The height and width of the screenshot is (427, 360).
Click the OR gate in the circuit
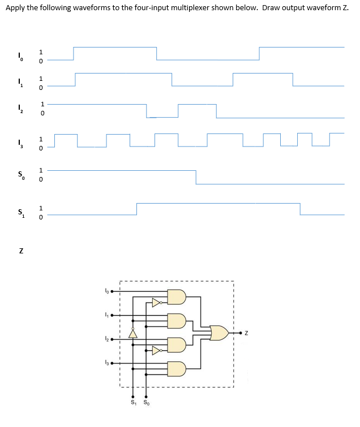[x=219, y=333]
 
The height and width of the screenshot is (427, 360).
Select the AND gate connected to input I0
[x=177, y=297]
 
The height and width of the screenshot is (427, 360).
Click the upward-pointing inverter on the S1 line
[x=133, y=333]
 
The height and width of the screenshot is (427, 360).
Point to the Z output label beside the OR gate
[x=248, y=333]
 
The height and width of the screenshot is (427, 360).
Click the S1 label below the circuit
[x=133, y=403]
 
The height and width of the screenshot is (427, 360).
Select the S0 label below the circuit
[x=147, y=403]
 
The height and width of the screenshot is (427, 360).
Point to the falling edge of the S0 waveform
[x=196, y=177]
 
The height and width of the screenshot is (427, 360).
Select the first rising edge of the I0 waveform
[x=74, y=53]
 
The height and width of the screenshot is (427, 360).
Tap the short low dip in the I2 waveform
[x=162, y=117]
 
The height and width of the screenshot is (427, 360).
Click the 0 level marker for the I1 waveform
[x=41, y=88]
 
